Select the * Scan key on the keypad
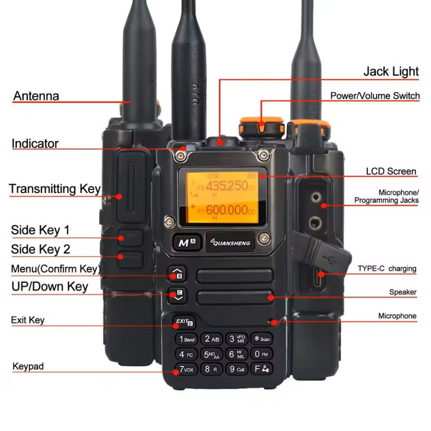click(x=262, y=339)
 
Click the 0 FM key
click(x=262, y=354)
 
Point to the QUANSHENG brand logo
click(x=230, y=242)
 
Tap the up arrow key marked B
click(x=176, y=274)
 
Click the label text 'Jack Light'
click(x=391, y=71)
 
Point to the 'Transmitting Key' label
click(x=55, y=189)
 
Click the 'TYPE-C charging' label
click(x=387, y=269)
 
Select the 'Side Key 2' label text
click(x=41, y=249)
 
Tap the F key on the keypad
click(x=262, y=369)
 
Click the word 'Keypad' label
click(x=28, y=366)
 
